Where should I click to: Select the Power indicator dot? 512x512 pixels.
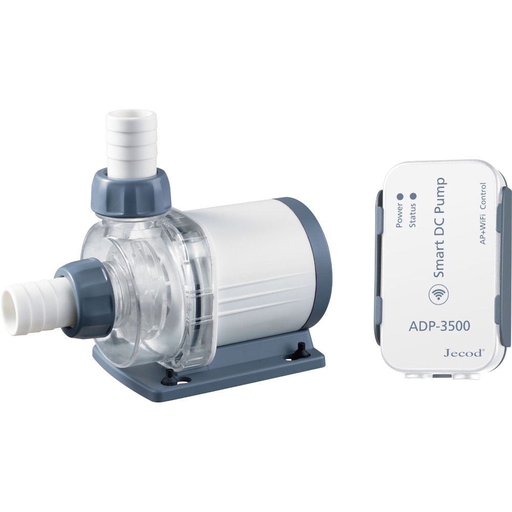(x=400, y=196)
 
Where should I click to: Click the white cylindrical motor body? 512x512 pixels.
(x=241, y=266)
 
